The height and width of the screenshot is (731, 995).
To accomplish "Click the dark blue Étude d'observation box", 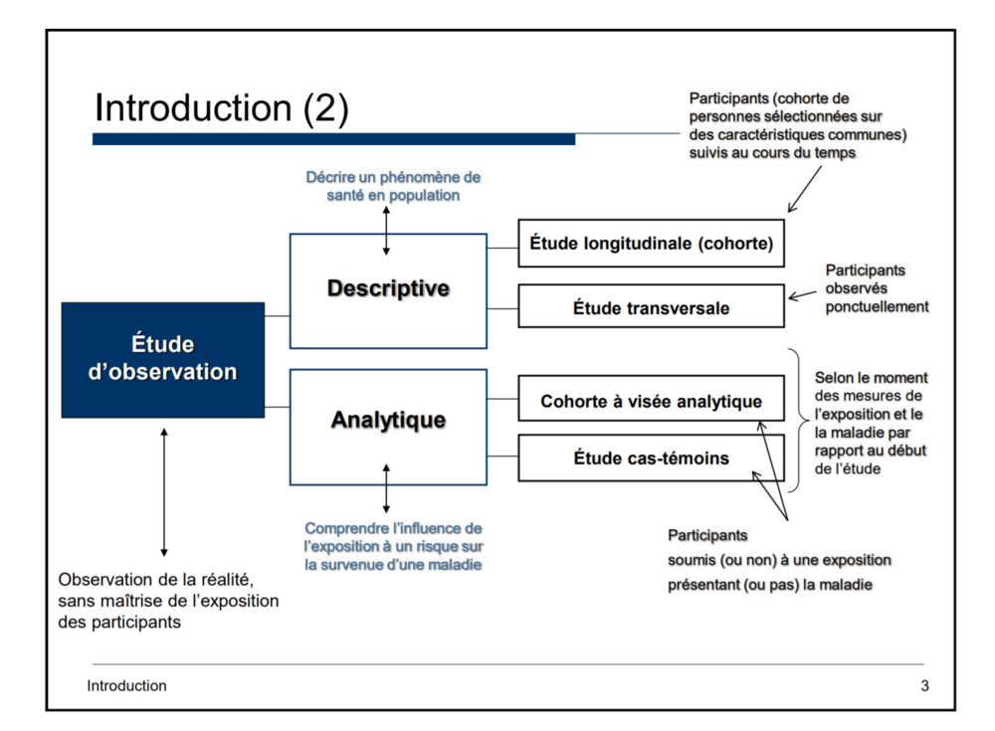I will [x=163, y=359].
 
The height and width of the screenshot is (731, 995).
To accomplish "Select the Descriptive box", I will [x=388, y=289].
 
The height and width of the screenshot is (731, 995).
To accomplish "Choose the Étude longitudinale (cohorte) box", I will [x=651, y=243].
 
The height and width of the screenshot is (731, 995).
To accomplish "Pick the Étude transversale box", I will [x=651, y=307].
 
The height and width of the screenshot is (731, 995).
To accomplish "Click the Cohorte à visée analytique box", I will [x=651, y=402].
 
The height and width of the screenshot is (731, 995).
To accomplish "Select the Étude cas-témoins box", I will [x=651, y=458].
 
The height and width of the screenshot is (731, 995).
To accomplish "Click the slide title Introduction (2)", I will [x=221, y=107].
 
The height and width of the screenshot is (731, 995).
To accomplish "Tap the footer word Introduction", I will [x=126, y=685].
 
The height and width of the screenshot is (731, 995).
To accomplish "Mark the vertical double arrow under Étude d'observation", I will [x=164, y=491].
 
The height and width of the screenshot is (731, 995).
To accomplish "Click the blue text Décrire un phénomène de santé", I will [x=392, y=186].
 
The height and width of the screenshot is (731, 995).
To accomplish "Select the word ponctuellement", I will [x=877, y=306].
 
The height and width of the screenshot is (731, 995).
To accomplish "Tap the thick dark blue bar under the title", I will [x=333, y=139].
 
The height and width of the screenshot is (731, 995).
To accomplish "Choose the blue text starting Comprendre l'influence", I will [x=394, y=546].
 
